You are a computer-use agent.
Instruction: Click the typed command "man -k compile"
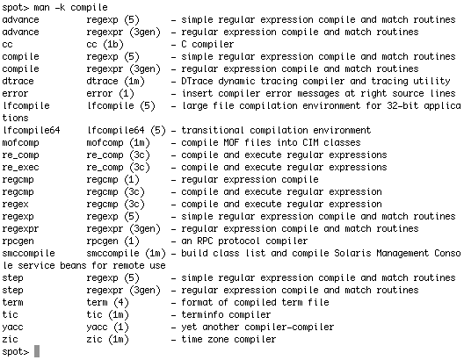[x=70, y=7]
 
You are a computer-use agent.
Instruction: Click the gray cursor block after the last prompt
[x=37, y=351]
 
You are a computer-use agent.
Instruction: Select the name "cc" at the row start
[x=7, y=44]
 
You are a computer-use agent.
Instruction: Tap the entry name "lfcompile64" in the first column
[x=31, y=130]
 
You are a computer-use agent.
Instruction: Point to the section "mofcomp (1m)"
[x=119, y=143]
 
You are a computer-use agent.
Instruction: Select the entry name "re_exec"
[x=20, y=168]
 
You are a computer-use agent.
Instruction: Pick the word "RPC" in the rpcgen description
[x=205, y=241]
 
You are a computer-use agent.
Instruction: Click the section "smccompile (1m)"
[x=126, y=253]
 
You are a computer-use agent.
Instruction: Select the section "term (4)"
[x=108, y=302]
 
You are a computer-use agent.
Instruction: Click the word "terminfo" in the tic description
[x=202, y=314]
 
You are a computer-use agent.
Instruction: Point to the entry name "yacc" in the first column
[x=12, y=328]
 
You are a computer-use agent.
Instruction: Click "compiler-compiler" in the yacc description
[x=289, y=328]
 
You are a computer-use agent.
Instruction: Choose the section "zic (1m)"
[x=108, y=339]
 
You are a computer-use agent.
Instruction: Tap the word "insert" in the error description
[x=197, y=93]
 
